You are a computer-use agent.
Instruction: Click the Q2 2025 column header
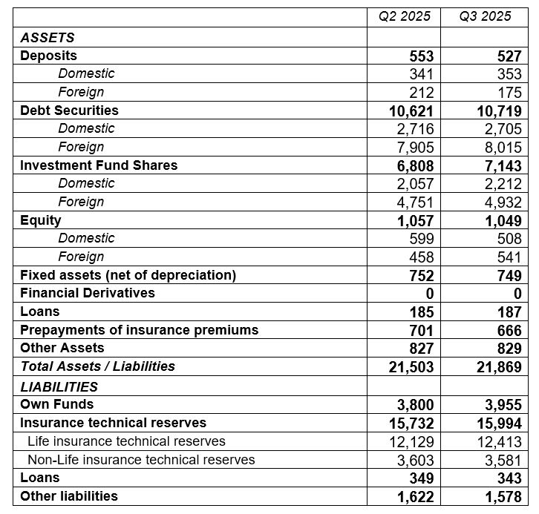(x=405, y=16)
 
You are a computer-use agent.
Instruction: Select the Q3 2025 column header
(x=486, y=16)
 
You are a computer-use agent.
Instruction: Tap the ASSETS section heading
(x=48, y=38)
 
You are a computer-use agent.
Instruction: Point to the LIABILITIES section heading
(x=59, y=386)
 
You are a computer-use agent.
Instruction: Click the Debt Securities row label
(x=69, y=111)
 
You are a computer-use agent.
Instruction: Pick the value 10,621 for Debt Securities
(x=411, y=111)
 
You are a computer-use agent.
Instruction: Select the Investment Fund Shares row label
(x=99, y=165)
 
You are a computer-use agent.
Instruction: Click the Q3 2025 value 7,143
(x=499, y=166)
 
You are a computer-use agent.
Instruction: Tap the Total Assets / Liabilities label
(x=97, y=366)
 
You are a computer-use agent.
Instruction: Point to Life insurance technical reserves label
(x=126, y=441)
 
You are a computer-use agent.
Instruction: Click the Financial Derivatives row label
(x=88, y=293)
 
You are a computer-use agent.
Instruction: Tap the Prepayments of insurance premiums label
(x=139, y=330)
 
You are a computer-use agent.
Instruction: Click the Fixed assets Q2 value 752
(x=421, y=275)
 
